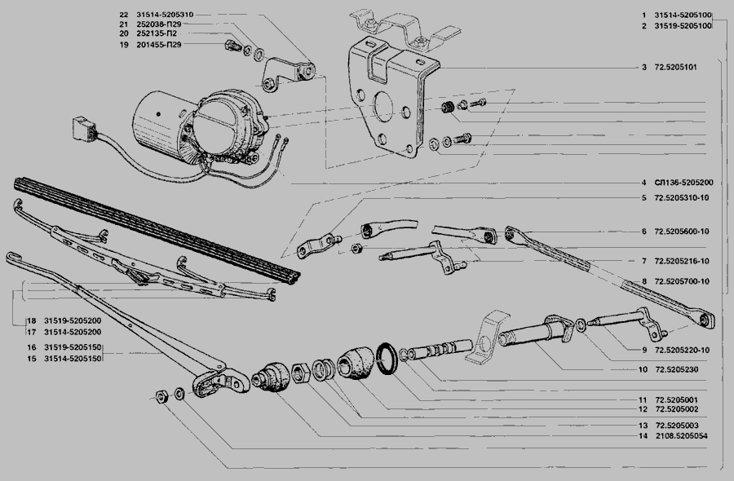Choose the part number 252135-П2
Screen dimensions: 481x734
pos(159,34)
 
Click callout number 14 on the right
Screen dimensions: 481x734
pos(643,436)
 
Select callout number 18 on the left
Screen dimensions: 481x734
pos(30,321)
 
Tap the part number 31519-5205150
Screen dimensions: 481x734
pos(73,347)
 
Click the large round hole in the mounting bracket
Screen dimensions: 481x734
pos(381,109)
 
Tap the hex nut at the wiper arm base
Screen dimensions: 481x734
pos(161,397)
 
